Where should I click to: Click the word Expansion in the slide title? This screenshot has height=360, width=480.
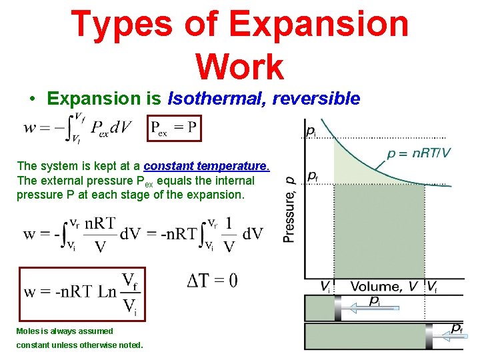[319, 23]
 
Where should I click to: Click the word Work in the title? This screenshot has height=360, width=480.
[240, 67]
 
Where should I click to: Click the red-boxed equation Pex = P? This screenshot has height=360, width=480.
[174, 127]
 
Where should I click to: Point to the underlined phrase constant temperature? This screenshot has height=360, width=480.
[207, 165]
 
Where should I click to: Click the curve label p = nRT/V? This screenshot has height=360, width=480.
[419, 153]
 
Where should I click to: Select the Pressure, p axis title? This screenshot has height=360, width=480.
[289, 209]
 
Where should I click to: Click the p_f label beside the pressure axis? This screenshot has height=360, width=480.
[312, 176]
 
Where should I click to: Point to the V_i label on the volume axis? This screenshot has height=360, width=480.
[325, 288]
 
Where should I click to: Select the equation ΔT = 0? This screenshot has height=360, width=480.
[212, 281]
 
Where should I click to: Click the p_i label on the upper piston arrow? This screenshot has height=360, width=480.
[375, 301]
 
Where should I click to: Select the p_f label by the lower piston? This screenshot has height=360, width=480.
[457, 327]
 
